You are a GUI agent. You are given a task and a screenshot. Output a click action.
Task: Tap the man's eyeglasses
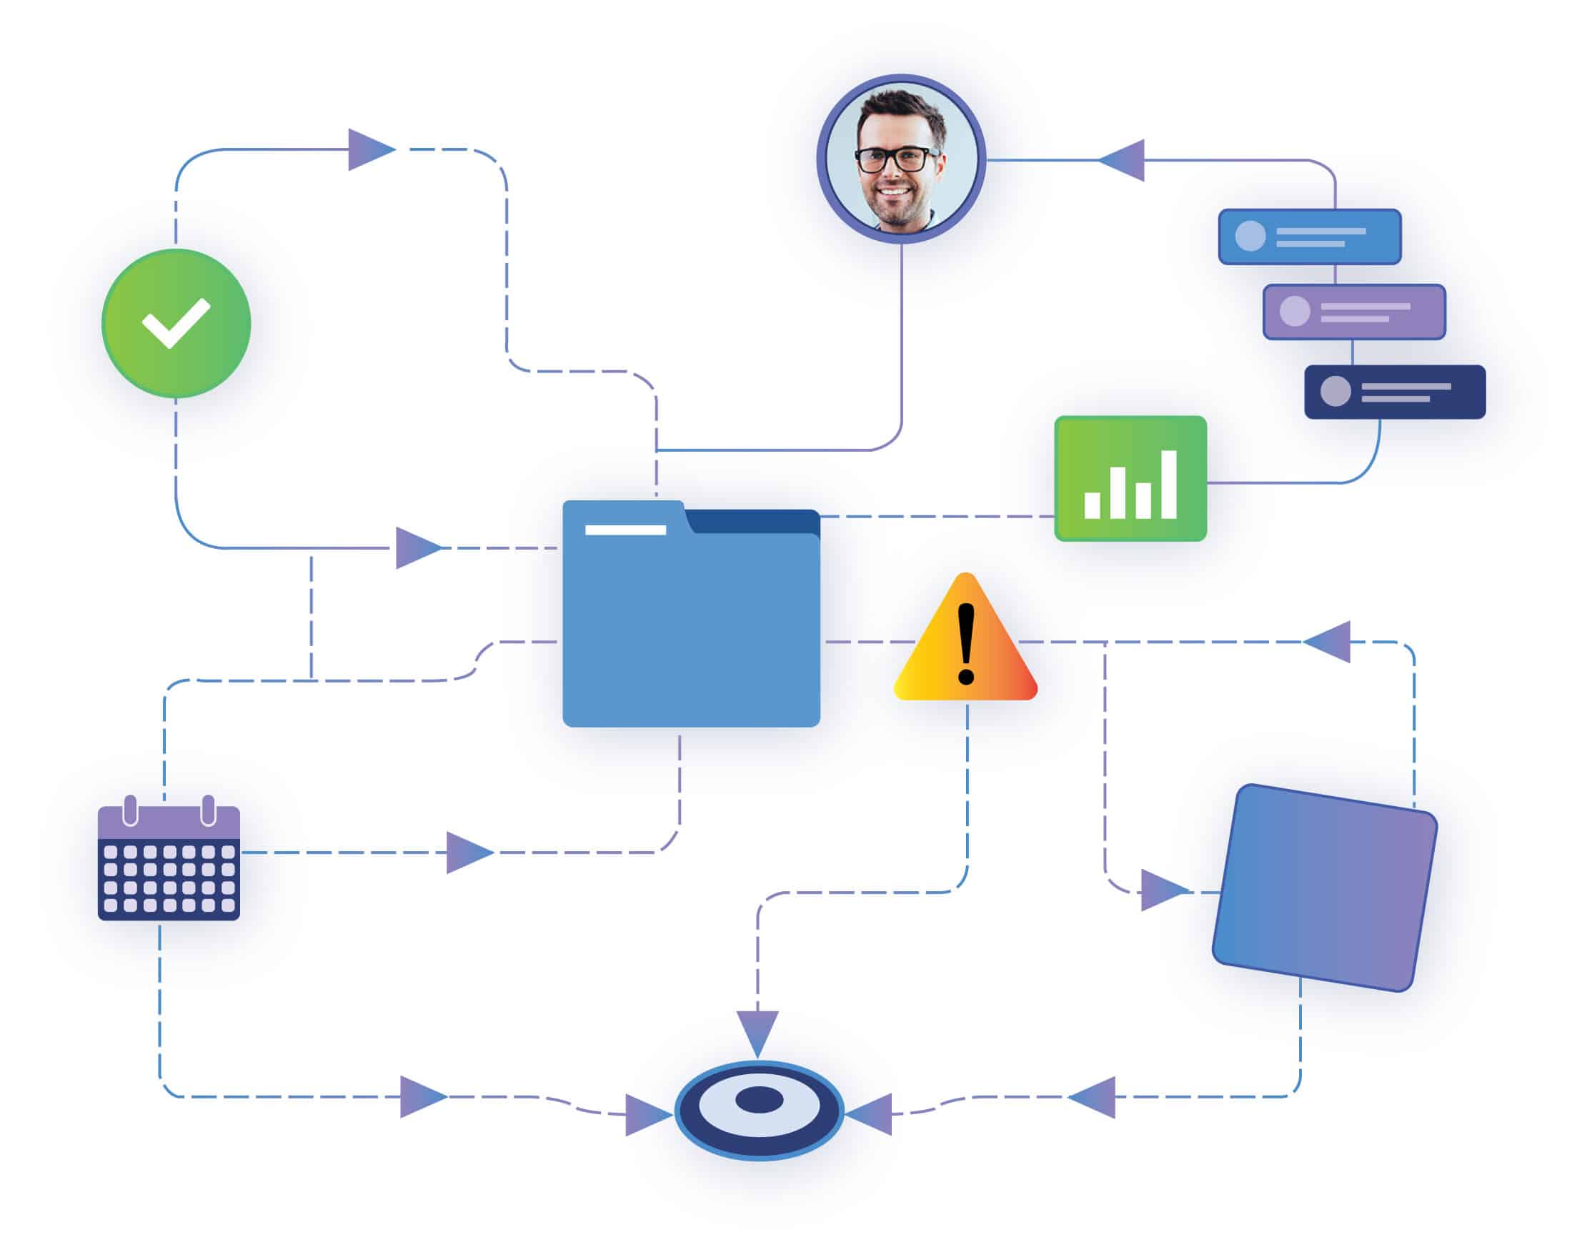pyautogui.click(x=895, y=159)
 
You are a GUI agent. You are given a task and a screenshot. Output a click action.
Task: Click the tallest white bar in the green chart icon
pyautogui.click(x=1169, y=484)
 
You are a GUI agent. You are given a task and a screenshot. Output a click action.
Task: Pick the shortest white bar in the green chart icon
pyautogui.click(x=1092, y=505)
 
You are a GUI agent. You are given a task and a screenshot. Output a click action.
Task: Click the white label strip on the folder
pyautogui.click(x=625, y=530)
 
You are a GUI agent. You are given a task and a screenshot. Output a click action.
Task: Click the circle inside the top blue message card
pyautogui.click(x=1250, y=236)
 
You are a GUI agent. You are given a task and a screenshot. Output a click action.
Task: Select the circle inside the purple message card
pyautogui.click(x=1295, y=312)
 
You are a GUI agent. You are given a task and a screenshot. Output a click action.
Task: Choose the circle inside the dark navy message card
pyautogui.click(x=1335, y=392)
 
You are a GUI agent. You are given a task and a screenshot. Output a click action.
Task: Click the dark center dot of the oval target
pyautogui.click(x=759, y=1100)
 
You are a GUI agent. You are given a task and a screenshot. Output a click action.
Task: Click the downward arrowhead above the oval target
pyautogui.click(x=757, y=1031)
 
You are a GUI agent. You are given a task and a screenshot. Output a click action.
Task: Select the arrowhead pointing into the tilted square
pyautogui.click(x=1162, y=891)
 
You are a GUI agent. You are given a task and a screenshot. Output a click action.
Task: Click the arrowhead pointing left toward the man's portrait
pyautogui.click(x=1123, y=159)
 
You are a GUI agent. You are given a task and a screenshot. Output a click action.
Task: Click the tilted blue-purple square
pyautogui.click(x=1324, y=888)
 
